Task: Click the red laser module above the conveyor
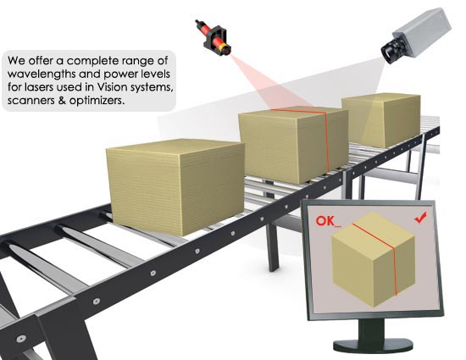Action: [214, 38]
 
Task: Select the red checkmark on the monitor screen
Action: [420, 218]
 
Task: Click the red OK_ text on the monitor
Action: [328, 221]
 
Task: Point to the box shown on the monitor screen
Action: [373, 258]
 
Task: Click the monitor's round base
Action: [373, 345]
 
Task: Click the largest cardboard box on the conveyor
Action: [176, 186]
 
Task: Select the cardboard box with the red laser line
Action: [294, 145]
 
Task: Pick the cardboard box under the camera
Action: [381, 120]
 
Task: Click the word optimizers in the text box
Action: [97, 101]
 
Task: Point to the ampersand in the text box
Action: [62, 101]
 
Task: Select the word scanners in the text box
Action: [31, 101]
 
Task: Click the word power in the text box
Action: [119, 75]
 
